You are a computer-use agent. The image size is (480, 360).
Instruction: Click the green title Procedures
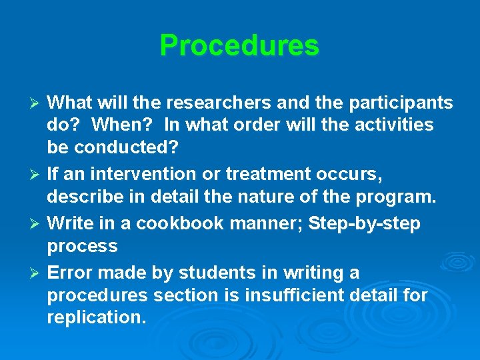[x=239, y=45]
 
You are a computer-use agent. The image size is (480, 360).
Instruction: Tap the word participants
[x=398, y=103]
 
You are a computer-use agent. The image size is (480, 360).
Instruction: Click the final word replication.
[x=96, y=317]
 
